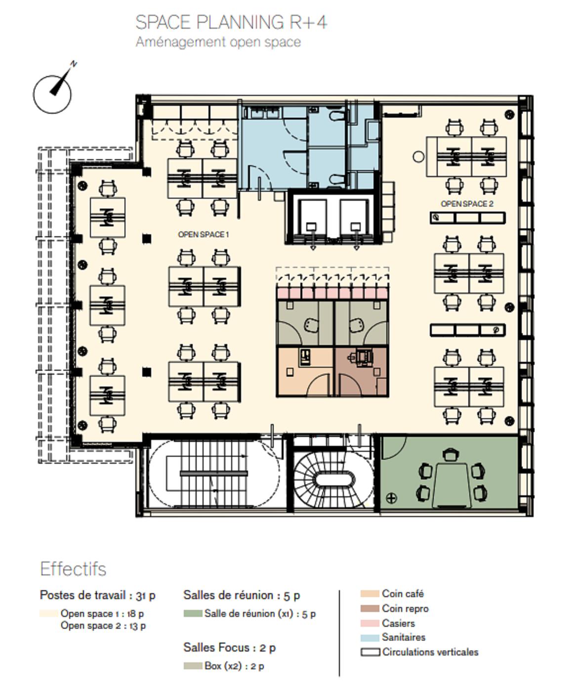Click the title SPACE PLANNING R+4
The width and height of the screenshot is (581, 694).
[231, 23]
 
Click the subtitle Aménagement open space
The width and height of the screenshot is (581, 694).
[218, 42]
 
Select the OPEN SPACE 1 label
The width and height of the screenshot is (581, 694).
[203, 234]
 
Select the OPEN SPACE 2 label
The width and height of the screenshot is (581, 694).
[466, 204]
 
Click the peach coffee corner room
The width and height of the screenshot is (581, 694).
[304, 371]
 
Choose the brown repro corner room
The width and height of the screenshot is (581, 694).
[362, 371]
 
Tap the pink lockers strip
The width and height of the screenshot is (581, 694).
[332, 294]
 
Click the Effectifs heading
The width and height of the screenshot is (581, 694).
[73, 569]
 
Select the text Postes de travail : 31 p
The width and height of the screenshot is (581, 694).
[97, 595]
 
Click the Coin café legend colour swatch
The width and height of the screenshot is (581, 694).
[370, 594]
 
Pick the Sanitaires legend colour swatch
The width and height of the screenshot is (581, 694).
[370, 638]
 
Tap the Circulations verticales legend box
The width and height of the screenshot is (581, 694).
[370, 652]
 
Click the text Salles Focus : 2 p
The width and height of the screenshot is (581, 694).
[229, 648]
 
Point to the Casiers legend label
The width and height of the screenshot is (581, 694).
[398, 623]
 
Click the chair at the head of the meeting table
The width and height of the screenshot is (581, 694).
[450, 454]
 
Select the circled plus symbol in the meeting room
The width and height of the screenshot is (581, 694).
[390, 498]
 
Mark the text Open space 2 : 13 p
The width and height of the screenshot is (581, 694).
[103, 626]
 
